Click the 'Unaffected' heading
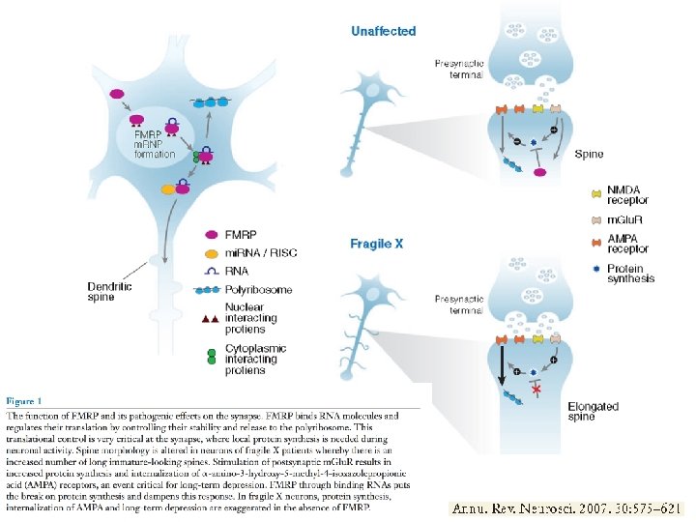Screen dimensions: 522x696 383,31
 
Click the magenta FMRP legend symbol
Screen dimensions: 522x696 210,234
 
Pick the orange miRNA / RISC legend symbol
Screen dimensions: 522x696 210,252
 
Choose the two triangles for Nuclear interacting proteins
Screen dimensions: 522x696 209,318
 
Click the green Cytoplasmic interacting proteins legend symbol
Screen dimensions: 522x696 210,358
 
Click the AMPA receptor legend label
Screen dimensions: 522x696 628,242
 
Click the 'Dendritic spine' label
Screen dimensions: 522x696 109,292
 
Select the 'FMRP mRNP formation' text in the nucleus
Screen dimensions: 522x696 155,143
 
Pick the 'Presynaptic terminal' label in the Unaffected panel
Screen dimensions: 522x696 459,69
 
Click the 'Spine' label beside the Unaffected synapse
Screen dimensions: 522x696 589,154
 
